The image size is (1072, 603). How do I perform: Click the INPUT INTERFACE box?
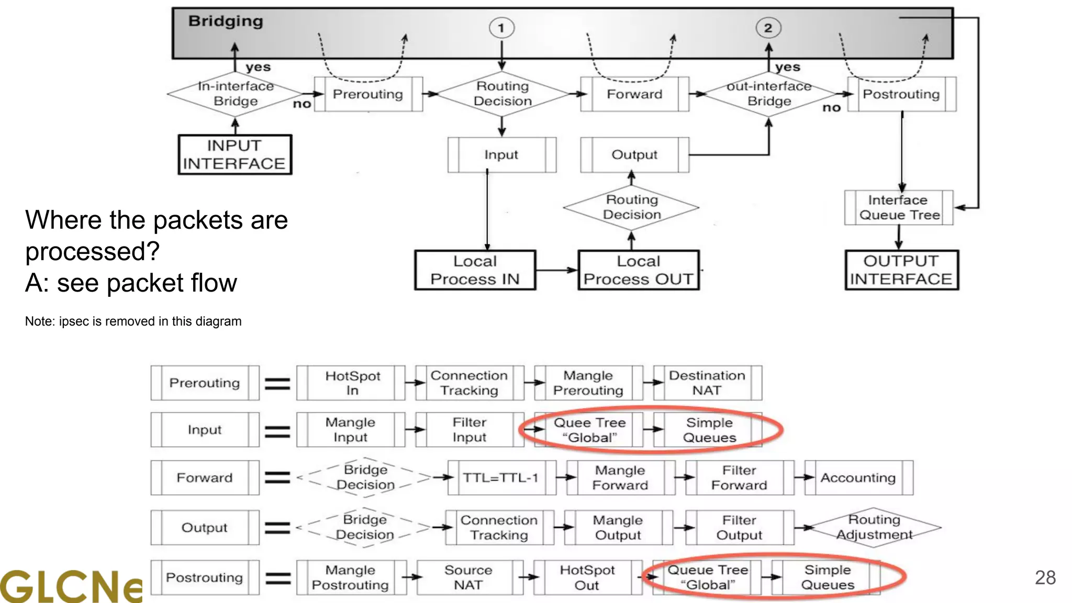234,155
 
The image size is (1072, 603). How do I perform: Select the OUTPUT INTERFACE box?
901,270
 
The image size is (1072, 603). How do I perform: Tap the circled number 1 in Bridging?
501,28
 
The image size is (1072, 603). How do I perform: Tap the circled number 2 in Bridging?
768,28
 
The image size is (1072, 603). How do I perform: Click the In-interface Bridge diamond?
236,94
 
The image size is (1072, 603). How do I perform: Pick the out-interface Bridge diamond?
769,94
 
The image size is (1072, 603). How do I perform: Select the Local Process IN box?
475,270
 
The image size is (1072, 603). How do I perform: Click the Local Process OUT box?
638,270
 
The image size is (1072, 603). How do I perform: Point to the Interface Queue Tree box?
899,208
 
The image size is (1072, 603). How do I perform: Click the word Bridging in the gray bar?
226,21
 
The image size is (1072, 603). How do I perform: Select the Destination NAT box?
707,383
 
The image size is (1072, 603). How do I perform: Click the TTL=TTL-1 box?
501,478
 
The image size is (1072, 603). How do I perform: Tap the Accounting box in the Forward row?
858,478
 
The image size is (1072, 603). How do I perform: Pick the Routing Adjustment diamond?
874,527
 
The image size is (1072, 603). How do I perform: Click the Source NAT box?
469,577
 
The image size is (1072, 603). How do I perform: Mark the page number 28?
1045,577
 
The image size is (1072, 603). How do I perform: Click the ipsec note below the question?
133,321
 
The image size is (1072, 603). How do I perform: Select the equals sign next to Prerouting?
277,384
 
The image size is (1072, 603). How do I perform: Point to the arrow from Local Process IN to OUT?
556,270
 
